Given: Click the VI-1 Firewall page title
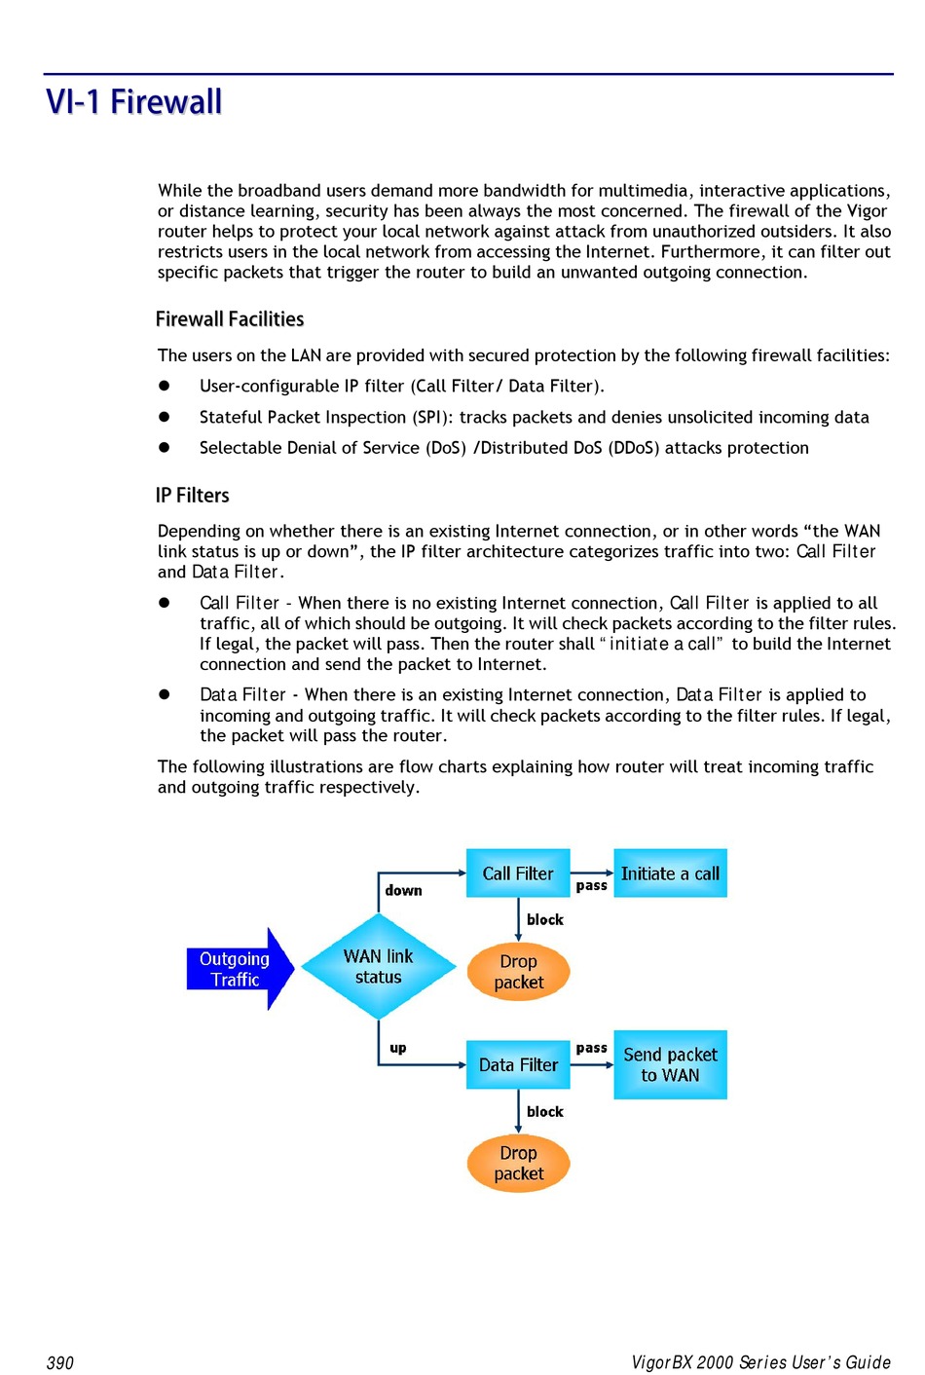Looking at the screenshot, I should (134, 102).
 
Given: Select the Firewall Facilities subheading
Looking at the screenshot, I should (230, 319).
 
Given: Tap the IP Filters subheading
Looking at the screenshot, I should (193, 496).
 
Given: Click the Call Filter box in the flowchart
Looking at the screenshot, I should (518, 873).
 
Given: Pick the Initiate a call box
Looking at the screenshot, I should (670, 873).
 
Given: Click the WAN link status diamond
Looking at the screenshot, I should (379, 967).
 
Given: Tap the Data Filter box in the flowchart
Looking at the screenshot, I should (518, 1065).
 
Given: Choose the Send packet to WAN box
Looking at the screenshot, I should (670, 1065).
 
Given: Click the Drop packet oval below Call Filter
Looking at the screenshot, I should (518, 972).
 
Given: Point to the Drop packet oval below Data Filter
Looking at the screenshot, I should (518, 1164).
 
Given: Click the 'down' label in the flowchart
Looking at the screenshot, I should (403, 890).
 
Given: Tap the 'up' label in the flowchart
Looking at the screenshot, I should (398, 1048).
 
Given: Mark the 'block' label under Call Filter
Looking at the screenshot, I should (545, 919).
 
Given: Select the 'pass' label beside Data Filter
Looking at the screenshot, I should (591, 1048).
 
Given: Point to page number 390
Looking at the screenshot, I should (60, 1362).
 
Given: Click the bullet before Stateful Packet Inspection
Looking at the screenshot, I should (165, 417).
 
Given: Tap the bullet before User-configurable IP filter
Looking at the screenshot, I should (165, 386).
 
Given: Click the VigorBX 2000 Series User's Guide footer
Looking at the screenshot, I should (760, 1362).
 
